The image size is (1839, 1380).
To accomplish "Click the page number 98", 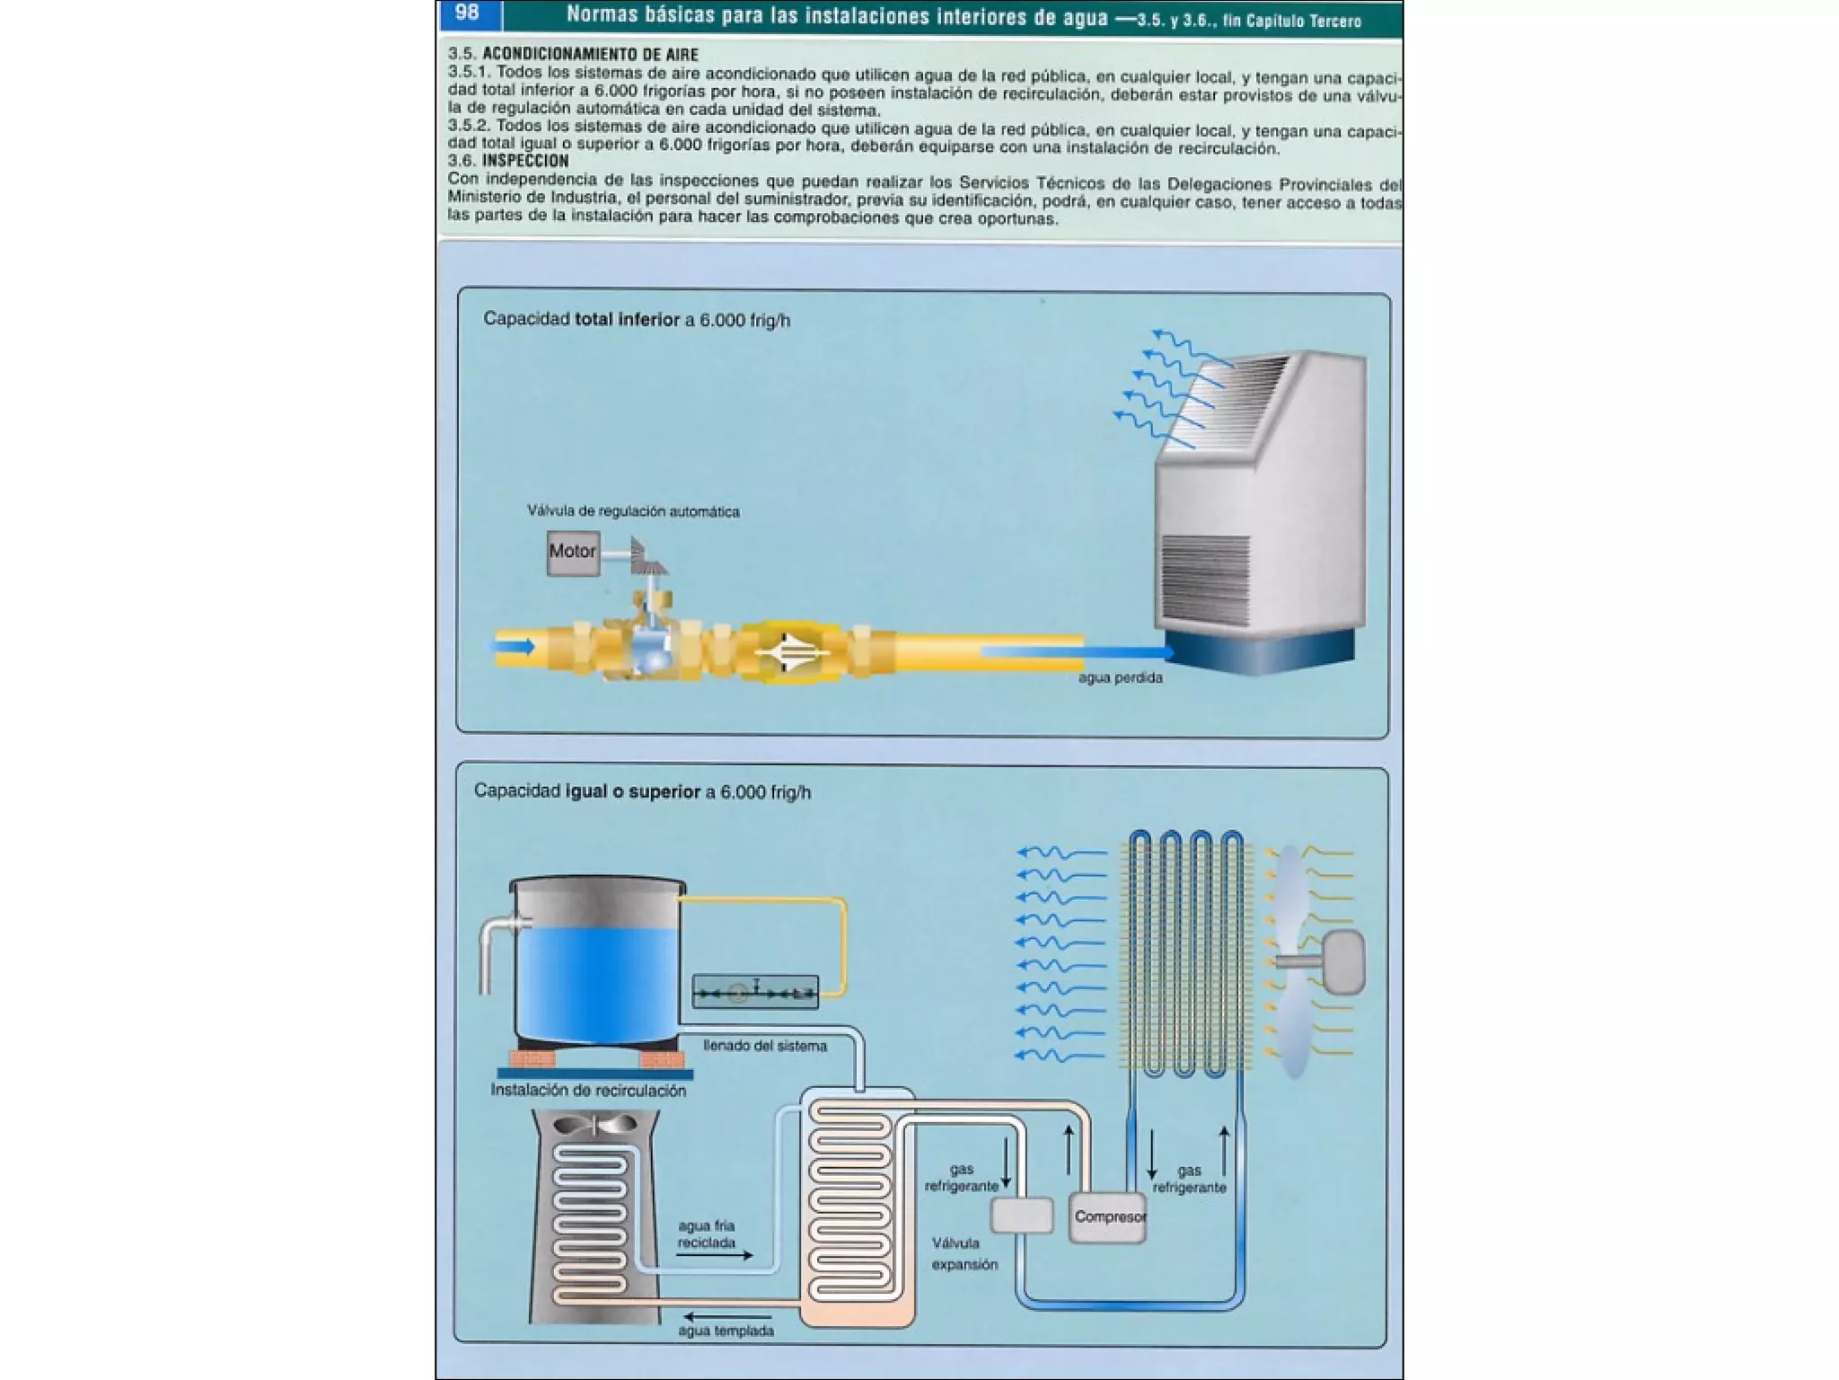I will click(x=467, y=13).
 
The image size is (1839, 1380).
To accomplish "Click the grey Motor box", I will click(x=573, y=552).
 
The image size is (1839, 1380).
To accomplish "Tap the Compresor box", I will click(x=1108, y=1217).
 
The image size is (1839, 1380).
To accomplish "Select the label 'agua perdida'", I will click(x=1120, y=677).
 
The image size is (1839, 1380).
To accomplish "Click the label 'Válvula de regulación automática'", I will click(x=633, y=511).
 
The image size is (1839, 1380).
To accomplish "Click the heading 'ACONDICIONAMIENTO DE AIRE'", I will click(x=590, y=55).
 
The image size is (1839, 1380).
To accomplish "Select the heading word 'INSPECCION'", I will click(x=525, y=161).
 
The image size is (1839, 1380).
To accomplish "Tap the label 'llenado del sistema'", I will click(x=765, y=1046).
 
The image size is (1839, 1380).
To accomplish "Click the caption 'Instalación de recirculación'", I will click(x=588, y=1090).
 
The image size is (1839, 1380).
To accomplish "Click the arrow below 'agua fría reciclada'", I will click(x=715, y=1255).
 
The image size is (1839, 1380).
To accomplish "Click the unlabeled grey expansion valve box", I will click(x=1022, y=1216).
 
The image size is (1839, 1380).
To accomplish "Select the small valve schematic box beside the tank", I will click(x=755, y=992).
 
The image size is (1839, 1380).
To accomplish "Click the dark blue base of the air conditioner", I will click(x=1257, y=654).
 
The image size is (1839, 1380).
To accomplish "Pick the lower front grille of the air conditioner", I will click(x=1205, y=580).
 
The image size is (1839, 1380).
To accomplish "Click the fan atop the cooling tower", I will click(x=594, y=1124).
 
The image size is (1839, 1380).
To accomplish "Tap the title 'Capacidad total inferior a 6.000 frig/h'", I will click(x=637, y=320).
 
